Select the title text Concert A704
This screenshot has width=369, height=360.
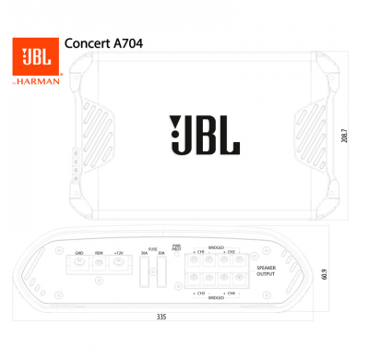102,42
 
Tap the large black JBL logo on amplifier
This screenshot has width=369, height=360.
204,136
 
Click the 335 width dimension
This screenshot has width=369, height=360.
161,316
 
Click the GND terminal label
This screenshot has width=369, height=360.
79,251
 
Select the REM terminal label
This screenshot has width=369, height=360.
99,251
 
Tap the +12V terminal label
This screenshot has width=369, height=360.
118,251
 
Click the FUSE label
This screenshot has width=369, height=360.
153,247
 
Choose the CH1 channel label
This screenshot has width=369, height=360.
199,251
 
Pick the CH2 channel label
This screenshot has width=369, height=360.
231,251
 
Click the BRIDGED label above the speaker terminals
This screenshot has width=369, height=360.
216,246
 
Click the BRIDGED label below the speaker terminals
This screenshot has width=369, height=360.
216,298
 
